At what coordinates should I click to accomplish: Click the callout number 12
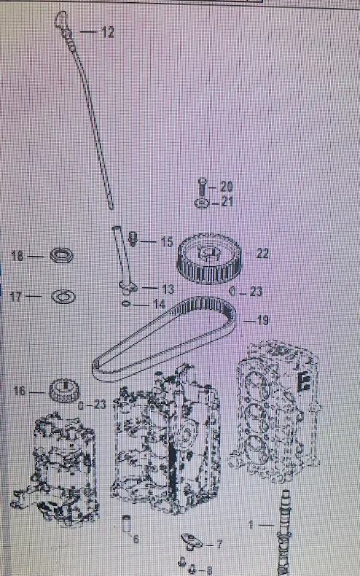click(108, 33)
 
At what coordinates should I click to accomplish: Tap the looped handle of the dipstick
click(60, 19)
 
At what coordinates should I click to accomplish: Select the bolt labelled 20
click(202, 187)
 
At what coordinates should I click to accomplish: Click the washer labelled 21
click(202, 203)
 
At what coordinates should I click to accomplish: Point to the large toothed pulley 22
click(208, 258)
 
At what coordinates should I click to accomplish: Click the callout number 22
click(262, 254)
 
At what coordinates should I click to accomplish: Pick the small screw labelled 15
click(133, 238)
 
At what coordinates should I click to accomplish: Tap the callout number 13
click(168, 289)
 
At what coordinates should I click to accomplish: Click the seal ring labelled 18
click(61, 255)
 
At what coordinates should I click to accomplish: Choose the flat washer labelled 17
click(63, 296)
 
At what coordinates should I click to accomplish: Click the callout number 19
click(262, 320)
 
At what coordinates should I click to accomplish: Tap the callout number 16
click(20, 391)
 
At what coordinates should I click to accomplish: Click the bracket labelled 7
click(192, 542)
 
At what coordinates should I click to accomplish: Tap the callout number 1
click(251, 525)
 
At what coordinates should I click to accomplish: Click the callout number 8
click(209, 569)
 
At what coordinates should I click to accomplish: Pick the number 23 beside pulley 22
click(256, 292)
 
